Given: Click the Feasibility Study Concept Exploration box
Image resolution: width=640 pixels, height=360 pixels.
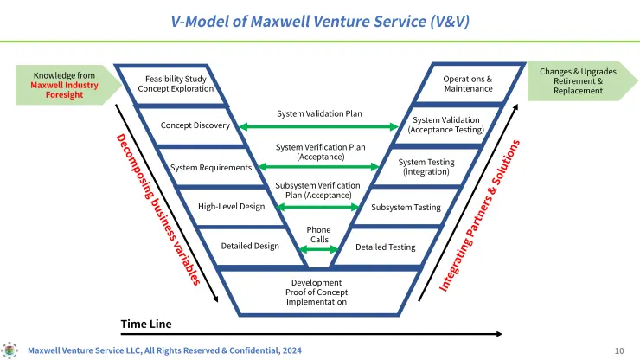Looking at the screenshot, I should point(179,84).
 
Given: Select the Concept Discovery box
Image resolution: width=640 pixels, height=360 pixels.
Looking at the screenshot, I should point(195,125).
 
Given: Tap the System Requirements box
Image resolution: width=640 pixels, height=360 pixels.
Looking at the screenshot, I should point(211,167).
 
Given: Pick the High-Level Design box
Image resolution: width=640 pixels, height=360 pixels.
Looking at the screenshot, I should point(231,207).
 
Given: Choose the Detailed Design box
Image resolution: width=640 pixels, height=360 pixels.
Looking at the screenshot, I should point(250,246).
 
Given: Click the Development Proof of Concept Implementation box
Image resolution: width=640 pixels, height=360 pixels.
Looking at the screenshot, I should point(317,292).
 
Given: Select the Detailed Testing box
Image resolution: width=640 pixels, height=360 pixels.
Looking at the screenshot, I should point(385,247).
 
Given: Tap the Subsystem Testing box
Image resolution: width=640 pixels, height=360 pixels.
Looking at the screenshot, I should point(406,208).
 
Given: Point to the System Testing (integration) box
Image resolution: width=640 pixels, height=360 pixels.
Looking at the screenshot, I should point(426,167).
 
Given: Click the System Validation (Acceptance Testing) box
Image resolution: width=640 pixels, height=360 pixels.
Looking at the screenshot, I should point(445,125).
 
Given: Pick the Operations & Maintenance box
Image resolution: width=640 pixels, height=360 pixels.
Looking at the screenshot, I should point(468,84).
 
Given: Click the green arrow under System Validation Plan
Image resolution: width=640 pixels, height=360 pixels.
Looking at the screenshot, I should point(318,127).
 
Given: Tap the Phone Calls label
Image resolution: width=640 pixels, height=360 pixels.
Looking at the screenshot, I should point(319,235).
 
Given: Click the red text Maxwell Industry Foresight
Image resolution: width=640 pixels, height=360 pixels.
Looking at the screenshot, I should point(65,90).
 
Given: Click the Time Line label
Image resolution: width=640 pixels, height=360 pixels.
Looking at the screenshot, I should point(146,324).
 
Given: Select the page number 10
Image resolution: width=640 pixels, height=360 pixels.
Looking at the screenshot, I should point(619,350).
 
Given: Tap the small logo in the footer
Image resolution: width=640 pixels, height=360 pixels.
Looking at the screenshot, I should point(10,350).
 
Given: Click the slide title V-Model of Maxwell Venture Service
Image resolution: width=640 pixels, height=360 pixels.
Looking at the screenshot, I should point(320,20).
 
